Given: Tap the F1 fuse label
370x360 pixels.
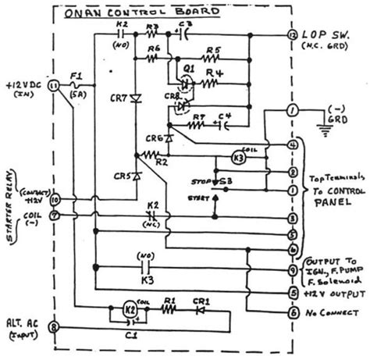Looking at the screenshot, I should [75, 77].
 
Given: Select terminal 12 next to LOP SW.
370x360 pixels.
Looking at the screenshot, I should [292, 36].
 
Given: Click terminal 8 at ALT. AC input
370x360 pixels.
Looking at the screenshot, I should [53, 326].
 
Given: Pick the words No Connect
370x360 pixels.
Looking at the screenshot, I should [329, 313].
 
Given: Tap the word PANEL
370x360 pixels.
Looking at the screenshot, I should [329, 202].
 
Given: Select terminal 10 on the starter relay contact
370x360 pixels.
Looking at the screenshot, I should [54, 200].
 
